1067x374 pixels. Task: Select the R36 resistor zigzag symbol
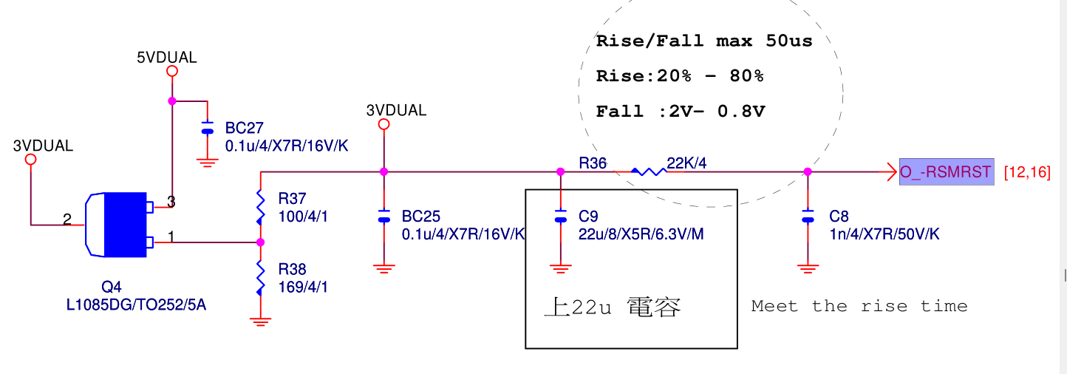(x=649, y=171)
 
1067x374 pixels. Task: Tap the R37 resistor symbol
(x=260, y=207)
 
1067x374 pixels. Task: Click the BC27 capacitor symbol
(x=208, y=127)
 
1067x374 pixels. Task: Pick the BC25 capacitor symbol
(x=383, y=216)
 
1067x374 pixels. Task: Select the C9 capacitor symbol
(x=561, y=216)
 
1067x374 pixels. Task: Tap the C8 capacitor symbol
(x=807, y=216)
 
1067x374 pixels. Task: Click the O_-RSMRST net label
(x=945, y=172)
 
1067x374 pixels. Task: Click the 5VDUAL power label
(x=167, y=58)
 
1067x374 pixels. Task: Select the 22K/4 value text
(x=686, y=163)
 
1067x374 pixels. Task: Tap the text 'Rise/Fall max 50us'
(x=703, y=41)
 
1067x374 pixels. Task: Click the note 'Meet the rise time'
(x=859, y=306)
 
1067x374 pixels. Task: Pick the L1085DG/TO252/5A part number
(x=136, y=304)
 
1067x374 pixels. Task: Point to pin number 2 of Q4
(x=67, y=219)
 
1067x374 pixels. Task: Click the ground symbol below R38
(x=260, y=322)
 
